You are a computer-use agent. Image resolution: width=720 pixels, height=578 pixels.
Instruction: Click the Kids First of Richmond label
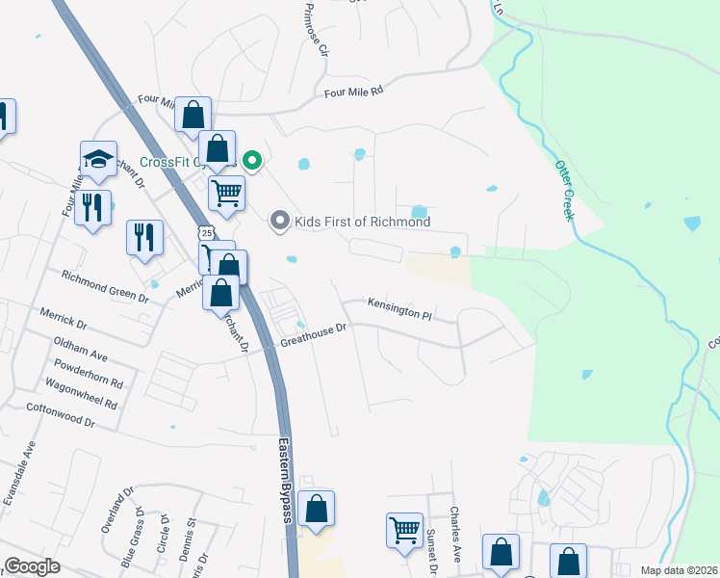(361, 222)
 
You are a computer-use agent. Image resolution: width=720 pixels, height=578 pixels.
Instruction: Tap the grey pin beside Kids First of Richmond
(280, 222)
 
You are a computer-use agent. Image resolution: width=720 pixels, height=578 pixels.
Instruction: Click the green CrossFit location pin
(251, 161)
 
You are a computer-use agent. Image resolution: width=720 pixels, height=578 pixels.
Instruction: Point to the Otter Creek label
(563, 190)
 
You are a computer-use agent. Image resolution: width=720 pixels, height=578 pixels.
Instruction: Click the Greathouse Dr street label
(313, 335)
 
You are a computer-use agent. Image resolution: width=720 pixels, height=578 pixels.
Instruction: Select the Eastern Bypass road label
(285, 481)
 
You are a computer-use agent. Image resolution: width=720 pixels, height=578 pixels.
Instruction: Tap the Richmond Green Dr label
(105, 286)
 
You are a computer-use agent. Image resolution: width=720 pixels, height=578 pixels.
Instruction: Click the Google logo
(33, 566)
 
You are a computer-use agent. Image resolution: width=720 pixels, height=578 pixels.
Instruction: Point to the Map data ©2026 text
(679, 570)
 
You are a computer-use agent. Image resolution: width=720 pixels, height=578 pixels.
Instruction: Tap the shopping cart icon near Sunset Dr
(404, 529)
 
